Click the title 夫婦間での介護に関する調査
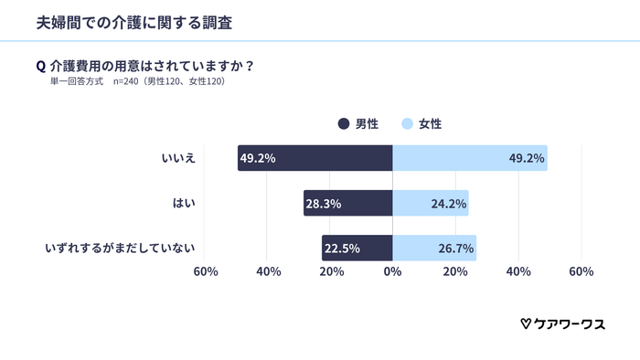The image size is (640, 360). click(133, 23)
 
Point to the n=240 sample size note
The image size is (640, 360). click(169, 81)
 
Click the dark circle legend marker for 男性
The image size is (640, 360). click(344, 123)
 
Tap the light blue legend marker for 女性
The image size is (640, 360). click(408, 123)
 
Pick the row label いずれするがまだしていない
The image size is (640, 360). click(123, 248)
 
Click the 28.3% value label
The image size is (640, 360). click(324, 204)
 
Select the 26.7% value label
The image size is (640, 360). click(456, 249)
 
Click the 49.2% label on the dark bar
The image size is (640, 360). click(258, 158)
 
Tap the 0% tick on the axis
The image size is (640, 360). click(392, 272)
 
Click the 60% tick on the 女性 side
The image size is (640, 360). click(581, 272)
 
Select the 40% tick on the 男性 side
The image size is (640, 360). click(268, 272)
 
